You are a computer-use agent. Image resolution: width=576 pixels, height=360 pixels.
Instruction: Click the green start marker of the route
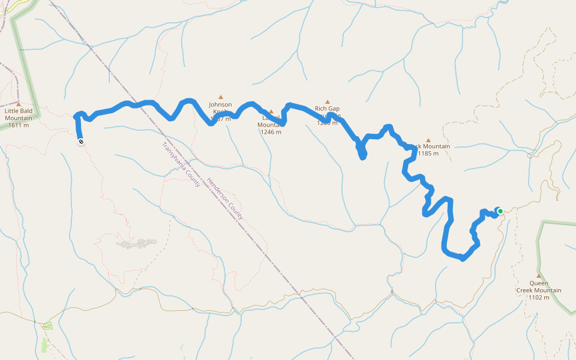(x=500, y=211)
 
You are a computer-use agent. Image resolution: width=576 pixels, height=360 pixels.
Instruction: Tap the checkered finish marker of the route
(x=80, y=142)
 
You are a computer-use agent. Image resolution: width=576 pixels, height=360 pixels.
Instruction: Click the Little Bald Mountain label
(x=18, y=115)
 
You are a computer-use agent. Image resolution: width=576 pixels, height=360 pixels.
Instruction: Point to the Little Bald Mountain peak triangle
(x=19, y=104)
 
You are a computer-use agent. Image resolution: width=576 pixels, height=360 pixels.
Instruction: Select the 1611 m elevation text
(x=18, y=125)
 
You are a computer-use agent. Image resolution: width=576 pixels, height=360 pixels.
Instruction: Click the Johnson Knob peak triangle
(x=220, y=97)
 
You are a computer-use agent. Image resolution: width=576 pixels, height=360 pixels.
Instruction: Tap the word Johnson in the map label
(x=220, y=104)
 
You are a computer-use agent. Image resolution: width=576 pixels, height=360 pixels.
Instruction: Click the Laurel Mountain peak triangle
(x=271, y=112)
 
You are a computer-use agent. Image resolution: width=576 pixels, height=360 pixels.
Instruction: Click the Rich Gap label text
(x=327, y=109)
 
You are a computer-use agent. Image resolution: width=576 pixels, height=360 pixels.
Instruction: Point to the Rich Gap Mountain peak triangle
(x=328, y=101)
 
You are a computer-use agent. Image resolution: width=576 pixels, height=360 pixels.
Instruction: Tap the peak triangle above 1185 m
(x=428, y=140)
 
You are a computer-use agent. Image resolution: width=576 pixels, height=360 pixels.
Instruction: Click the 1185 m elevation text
(x=428, y=154)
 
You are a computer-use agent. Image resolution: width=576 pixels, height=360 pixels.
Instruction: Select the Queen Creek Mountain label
(x=539, y=287)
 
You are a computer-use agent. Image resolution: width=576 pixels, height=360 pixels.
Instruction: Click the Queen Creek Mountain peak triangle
(x=538, y=276)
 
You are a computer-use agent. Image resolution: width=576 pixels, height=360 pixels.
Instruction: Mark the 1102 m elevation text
(x=539, y=298)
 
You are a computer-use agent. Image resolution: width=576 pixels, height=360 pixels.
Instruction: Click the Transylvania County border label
(x=181, y=165)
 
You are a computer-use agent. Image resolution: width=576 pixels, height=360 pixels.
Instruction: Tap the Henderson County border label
(x=223, y=199)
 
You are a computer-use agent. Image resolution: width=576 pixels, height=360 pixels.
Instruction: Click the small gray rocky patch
(x=138, y=243)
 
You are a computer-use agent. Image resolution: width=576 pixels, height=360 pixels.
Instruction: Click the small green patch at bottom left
(x=47, y=326)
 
